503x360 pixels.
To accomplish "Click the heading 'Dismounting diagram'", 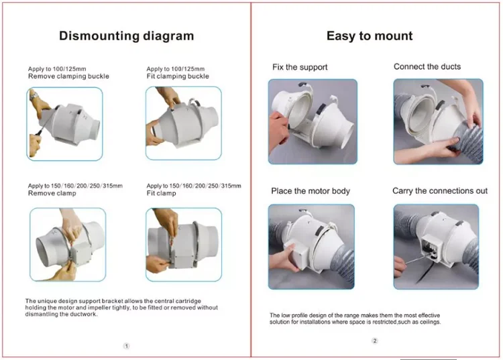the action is point(126,36).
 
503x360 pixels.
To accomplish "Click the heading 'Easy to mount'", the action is point(370,36).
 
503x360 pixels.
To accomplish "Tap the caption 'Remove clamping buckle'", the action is point(68,76).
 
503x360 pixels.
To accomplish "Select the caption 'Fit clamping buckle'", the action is point(178,76).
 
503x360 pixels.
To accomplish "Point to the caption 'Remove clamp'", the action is point(52,193).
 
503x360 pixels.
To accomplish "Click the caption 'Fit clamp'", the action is point(162,193).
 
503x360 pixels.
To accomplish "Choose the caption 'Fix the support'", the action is point(300,67).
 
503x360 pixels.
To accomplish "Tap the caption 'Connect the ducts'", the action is point(427,66).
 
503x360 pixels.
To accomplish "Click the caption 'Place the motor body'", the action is point(311,191).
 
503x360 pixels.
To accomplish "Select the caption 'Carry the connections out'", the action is point(440,191).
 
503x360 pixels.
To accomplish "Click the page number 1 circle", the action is point(126,346).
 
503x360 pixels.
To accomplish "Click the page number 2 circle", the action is point(375,341).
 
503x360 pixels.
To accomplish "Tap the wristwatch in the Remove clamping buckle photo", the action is point(34,96).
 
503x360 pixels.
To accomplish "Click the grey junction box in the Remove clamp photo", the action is point(81,251).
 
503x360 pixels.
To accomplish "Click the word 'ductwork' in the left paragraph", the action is point(85,314).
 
